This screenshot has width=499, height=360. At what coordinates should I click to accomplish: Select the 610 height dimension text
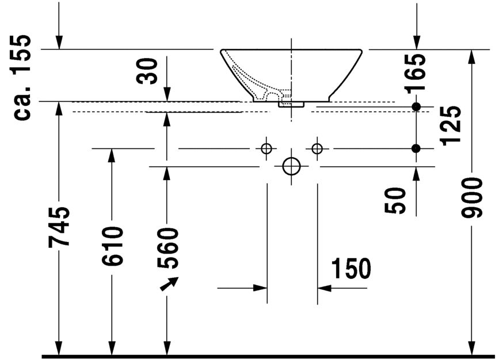click(x=113, y=246)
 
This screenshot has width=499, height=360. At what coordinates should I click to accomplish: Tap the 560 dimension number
click(x=167, y=248)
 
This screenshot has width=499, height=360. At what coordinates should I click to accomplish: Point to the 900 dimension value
click(x=472, y=198)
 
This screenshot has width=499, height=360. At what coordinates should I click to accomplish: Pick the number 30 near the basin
click(x=148, y=70)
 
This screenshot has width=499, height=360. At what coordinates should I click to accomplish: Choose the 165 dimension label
click(x=416, y=72)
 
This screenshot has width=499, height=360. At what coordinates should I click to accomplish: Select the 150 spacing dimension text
click(x=351, y=269)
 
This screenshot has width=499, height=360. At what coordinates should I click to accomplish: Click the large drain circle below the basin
click(x=292, y=166)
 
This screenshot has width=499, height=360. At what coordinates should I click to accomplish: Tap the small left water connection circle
click(x=266, y=148)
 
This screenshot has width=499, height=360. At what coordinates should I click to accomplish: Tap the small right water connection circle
click(x=317, y=148)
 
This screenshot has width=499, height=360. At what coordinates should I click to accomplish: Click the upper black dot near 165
click(x=416, y=107)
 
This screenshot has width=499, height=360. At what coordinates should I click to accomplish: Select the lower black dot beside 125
click(x=416, y=148)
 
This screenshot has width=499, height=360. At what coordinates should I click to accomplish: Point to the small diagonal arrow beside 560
click(x=170, y=284)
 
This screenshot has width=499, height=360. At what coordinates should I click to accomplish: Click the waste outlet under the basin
click(x=292, y=104)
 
